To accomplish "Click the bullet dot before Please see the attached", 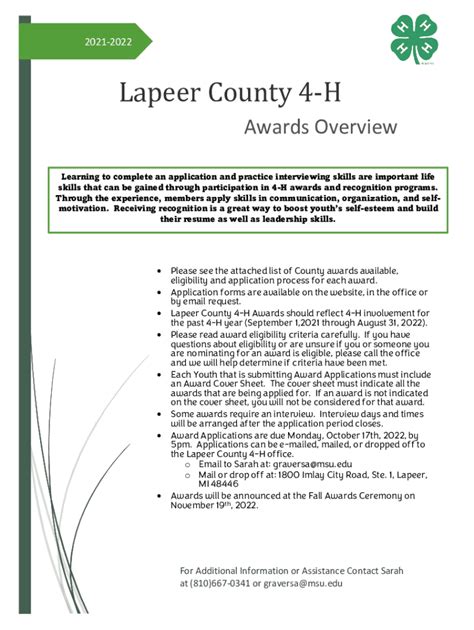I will (160, 271).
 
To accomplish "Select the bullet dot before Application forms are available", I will (160, 291).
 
